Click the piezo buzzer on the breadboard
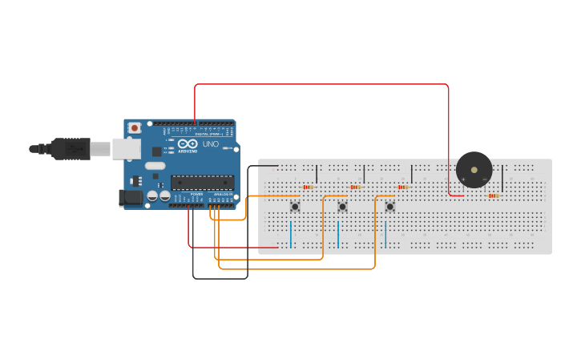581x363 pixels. (x=474, y=170)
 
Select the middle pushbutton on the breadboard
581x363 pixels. (x=342, y=207)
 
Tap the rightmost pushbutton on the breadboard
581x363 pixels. (x=389, y=207)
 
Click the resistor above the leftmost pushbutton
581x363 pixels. (x=307, y=187)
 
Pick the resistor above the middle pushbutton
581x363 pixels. (x=355, y=187)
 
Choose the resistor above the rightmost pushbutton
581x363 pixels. (x=402, y=187)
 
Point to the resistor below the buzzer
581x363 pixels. (x=494, y=196)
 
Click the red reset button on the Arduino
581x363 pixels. (x=135, y=127)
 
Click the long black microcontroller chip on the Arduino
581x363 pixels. (x=202, y=182)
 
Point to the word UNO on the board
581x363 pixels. (x=211, y=144)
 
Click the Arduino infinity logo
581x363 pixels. (x=188, y=143)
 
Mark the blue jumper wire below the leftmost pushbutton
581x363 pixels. (x=290, y=234)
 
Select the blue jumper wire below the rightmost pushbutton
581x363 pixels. (x=385, y=234)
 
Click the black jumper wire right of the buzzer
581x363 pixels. (x=502, y=177)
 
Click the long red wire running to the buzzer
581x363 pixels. (x=321, y=84)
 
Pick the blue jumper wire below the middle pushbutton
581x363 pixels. (x=338, y=234)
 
